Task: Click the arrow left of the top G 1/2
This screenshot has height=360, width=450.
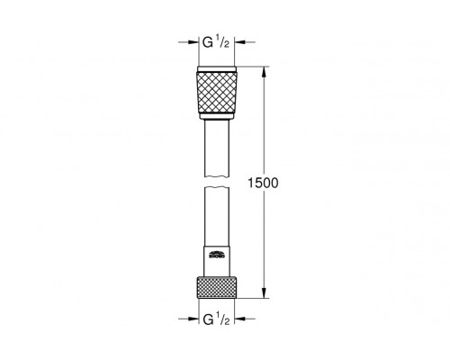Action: [x=190, y=40]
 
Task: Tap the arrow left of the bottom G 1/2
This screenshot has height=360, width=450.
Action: [x=190, y=319]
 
